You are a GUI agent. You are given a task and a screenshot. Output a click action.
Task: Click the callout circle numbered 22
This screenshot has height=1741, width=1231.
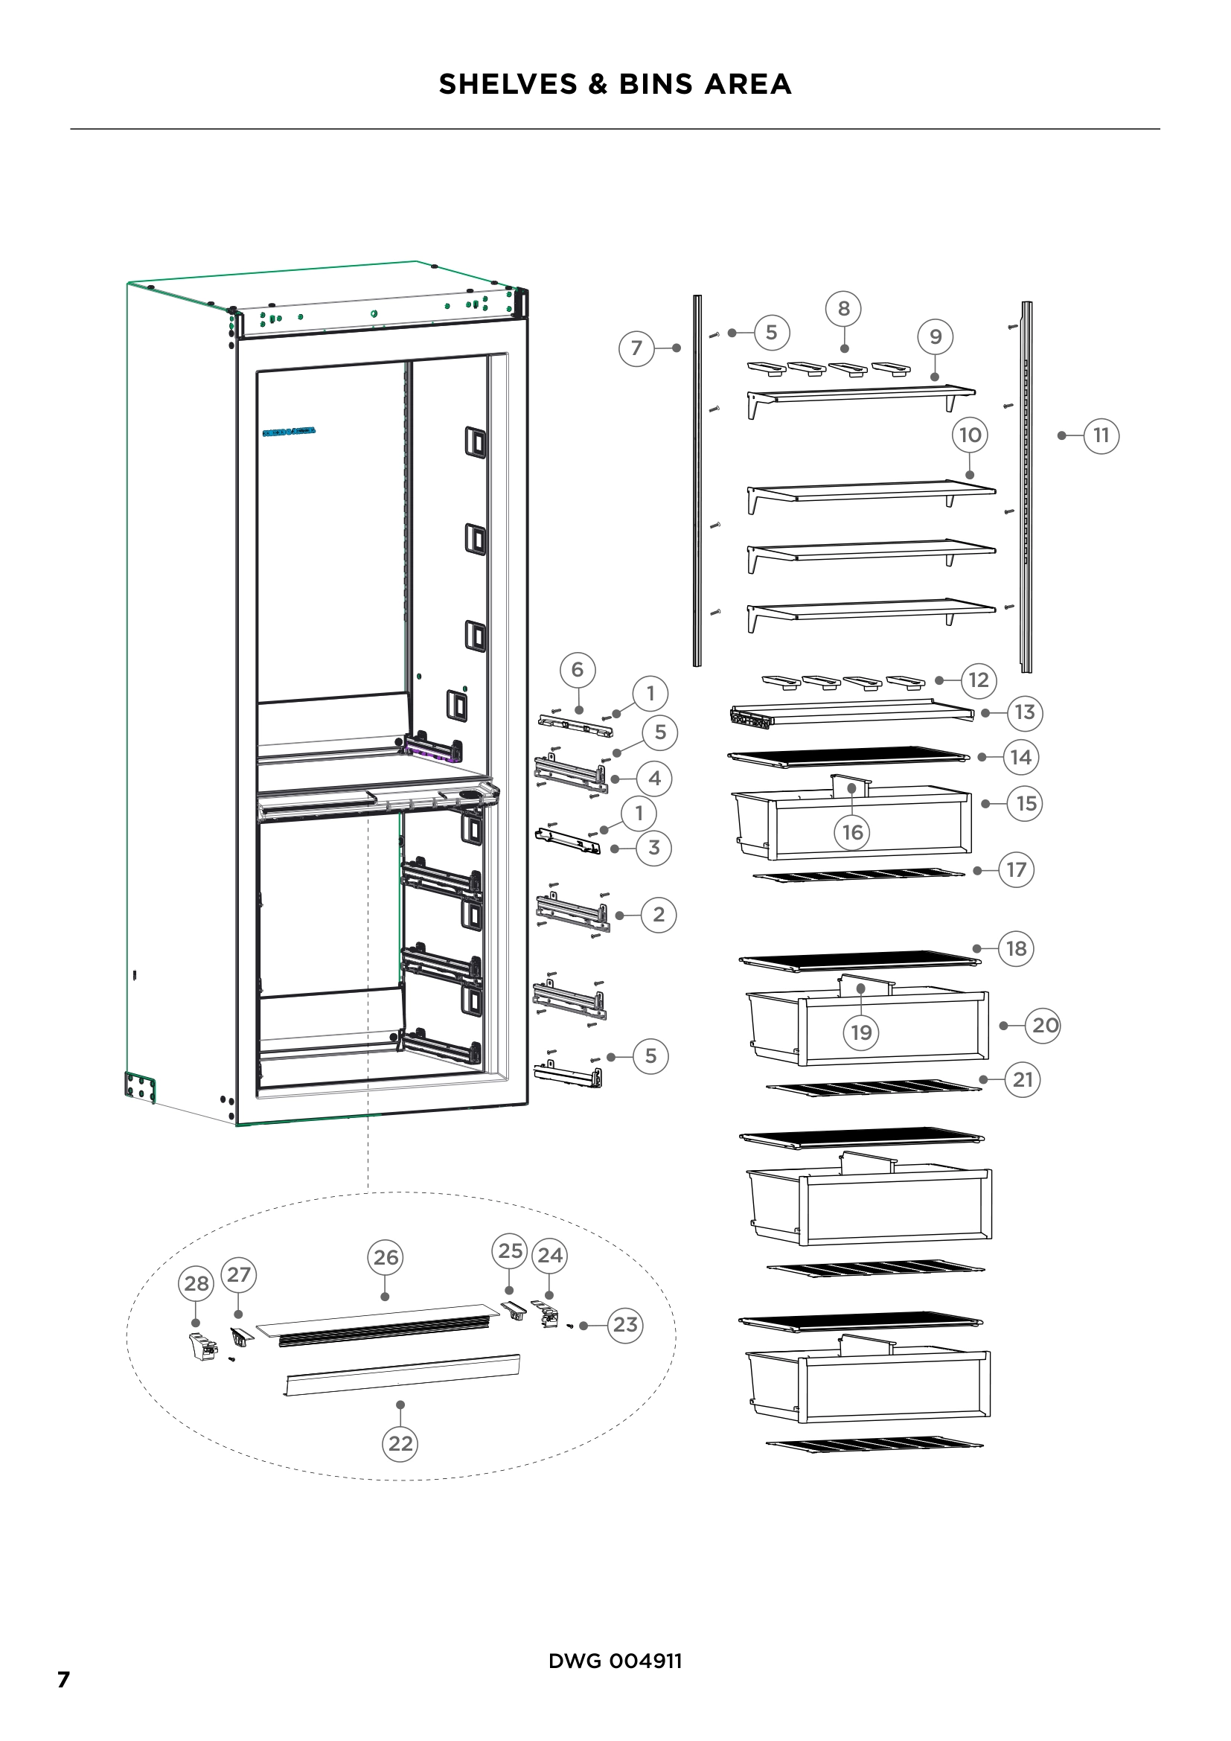point(400,1443)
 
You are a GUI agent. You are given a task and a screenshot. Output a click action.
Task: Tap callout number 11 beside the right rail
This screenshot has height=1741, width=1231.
point(1101,435)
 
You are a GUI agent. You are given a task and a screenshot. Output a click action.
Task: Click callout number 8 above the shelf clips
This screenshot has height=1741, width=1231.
point(844,309)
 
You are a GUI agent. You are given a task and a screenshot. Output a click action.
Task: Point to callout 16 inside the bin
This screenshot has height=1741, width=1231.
point(852,832)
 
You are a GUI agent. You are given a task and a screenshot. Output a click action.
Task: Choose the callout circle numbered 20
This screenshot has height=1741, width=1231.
point(1044,1025)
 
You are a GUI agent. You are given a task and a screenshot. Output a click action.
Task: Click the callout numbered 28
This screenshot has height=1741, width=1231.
point(196,1283)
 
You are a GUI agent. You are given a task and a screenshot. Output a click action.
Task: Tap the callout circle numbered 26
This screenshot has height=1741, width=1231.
point(386,1257)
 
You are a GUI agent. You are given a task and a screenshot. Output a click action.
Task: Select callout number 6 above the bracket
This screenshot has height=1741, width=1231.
point(578,670)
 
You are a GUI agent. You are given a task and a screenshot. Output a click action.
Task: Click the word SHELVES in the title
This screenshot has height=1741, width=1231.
point(508,83)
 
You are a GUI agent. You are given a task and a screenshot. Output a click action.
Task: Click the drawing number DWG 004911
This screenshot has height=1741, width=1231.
point(615,1661)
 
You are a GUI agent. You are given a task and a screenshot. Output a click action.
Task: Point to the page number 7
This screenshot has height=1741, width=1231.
point(64,1678)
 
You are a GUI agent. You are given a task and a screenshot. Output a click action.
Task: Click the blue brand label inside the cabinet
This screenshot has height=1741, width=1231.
point(289,432)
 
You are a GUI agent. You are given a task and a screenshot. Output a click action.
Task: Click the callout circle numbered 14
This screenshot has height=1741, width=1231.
point(1020,757)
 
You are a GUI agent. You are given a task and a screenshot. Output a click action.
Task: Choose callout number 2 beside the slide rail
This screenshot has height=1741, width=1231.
point(658,915)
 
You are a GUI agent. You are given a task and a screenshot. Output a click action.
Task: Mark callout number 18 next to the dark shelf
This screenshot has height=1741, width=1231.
point(1016,948)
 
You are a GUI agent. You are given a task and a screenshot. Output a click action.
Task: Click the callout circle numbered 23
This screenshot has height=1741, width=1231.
point(624,1325)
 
